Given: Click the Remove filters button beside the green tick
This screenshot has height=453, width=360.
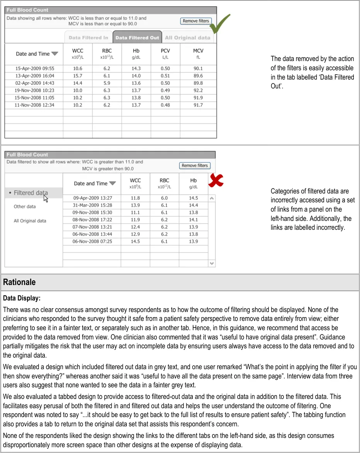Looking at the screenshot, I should pyautogui.click(x=196, y=21).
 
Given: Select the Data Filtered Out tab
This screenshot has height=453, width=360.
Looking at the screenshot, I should pyautogui.click(x=137, y=37).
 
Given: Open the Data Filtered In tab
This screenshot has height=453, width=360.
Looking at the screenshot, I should pyautogui.click(x=88, y=37).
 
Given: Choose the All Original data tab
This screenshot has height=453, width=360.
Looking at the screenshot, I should pyautogui.click(x=187, y=37).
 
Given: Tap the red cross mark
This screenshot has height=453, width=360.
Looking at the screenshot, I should pyautogui.click(x=216, y=180).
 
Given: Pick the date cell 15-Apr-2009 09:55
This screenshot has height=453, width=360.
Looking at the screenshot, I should pyautogui.click(x=35, y=68).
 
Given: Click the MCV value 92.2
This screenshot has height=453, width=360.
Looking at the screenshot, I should pyautogui.click(x=198, y=90).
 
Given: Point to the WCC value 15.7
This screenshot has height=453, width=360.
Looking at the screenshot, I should pyautogui.click(x=77, y=76).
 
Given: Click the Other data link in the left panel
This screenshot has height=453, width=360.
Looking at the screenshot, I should pyautogui.click(x=25, y=207).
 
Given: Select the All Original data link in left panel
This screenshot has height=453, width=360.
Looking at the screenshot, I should pyautogui.click(x=30, y=221).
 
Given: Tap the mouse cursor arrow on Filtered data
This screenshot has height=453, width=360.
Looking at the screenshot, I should pyautogui.click(x=46, y=198).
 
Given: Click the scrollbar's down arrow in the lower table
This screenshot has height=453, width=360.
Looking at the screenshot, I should pyautogui.click(x=212, y=263).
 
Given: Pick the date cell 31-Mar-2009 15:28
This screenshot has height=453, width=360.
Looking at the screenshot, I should pyautogui.click(x=93, y=205).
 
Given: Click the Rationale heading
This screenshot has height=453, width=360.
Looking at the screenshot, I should pyautogui.click(x=19, y=282).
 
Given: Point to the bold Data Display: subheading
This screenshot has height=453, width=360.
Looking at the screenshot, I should pyautogui.click(x=22, y=299).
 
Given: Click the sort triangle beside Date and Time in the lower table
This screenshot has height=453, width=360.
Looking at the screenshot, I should pyautogui.click(x=112, y=183).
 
